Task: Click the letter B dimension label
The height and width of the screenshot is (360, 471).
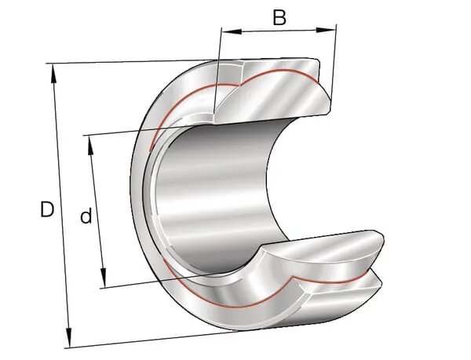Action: coord(279,18)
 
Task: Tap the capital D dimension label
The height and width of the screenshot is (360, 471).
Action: coord(47,209)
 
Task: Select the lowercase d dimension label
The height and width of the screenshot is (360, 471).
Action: coord(86,216)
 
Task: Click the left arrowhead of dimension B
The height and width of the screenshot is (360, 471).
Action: coord(232,31)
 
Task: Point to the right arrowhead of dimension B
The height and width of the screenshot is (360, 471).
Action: coord(325,30)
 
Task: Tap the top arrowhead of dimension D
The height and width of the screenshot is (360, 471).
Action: coord(53,74)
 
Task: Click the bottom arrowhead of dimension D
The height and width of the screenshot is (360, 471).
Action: coord(69,337)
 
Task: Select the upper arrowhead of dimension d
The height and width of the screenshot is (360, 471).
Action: coord(90,146)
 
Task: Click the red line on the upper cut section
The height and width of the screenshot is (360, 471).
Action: coord(237,84)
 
